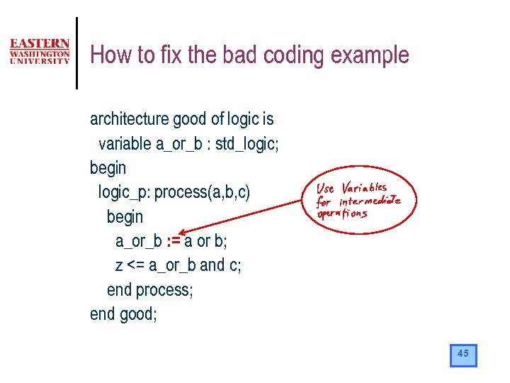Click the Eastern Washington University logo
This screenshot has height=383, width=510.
[x=40, y=52]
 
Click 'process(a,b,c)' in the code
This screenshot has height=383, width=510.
[x=203, y=192]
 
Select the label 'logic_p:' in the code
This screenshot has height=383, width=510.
[x=124, y=192]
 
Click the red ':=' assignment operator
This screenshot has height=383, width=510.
[x=172, y=241]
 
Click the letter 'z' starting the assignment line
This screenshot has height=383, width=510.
[x=119, y=265]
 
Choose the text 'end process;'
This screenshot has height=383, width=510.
[x=149, y=289]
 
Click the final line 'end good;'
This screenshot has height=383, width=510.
[x=123, y=313]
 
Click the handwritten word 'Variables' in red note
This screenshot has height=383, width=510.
[x=364, y=188]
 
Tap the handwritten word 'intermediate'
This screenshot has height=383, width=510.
[x=369, y=201]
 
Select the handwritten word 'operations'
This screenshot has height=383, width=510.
[x=341, y=213]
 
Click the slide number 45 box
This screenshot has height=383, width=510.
[x=463, y=355]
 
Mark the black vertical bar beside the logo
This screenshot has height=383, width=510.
[x=76, y=53]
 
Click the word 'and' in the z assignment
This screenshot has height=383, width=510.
[x=212, y=265]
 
